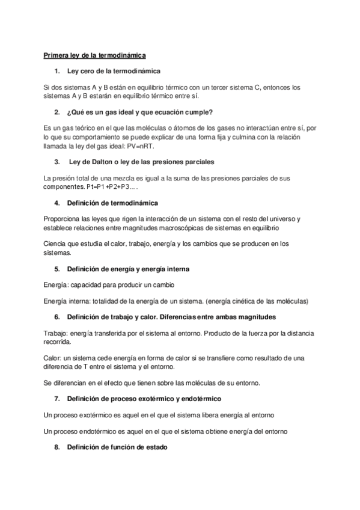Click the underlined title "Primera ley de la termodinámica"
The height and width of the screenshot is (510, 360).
94,55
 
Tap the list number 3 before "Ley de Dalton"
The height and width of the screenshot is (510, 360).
56,162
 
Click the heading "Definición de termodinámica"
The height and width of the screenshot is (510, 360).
112,203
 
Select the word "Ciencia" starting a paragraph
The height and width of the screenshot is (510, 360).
56,244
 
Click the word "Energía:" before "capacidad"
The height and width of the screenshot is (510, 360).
57,284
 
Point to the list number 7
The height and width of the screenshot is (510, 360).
56,399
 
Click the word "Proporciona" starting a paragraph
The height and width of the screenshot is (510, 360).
64,219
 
